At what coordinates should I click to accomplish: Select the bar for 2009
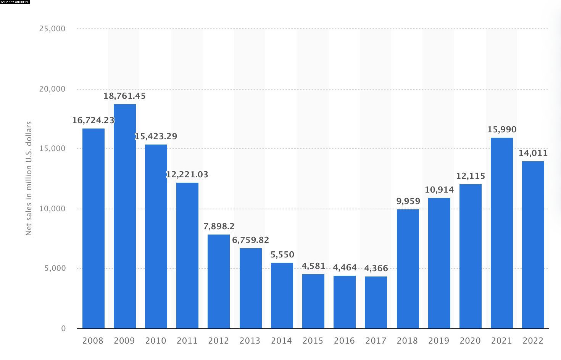tap(124, 216)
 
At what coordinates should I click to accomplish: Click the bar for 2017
tap(376, 302)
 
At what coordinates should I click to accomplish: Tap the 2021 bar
tap(501, 233)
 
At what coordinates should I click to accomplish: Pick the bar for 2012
tap(218, 281)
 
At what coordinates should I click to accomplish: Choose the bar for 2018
tap(408, 269)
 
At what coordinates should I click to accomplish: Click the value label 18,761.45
tap(124, 96)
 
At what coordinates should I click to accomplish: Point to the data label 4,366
tap(376, 268)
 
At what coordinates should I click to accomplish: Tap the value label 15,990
tap(501, 130)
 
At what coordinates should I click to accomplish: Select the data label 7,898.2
tap(219, 227)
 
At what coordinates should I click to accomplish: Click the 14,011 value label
tap(533, 153)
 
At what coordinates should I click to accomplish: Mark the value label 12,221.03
tap(187, 175)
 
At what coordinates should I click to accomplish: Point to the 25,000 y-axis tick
tap(52, 29)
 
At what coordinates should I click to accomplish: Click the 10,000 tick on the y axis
tap(52, 209)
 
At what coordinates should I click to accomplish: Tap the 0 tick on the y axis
tap(63, 329)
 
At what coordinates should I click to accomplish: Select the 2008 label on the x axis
tap(93, 341)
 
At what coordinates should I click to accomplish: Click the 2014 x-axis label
tap(281, 341)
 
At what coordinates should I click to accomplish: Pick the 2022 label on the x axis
tap(533, 341)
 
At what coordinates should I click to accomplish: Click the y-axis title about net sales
tap(29, 178)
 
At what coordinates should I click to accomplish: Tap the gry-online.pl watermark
tap(15, 2)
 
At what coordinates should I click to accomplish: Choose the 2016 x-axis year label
tap(344, 341)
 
